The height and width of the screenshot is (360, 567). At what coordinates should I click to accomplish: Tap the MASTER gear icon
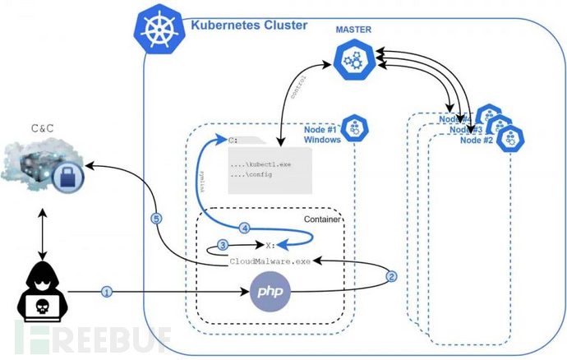click(354, 59)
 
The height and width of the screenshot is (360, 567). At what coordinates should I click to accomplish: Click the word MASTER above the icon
click(354, 30)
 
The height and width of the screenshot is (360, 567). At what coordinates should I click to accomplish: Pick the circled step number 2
click(392, 276)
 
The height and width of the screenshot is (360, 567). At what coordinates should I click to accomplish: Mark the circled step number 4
click(243, 227)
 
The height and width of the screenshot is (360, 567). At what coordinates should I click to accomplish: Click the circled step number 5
click(156, 219)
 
